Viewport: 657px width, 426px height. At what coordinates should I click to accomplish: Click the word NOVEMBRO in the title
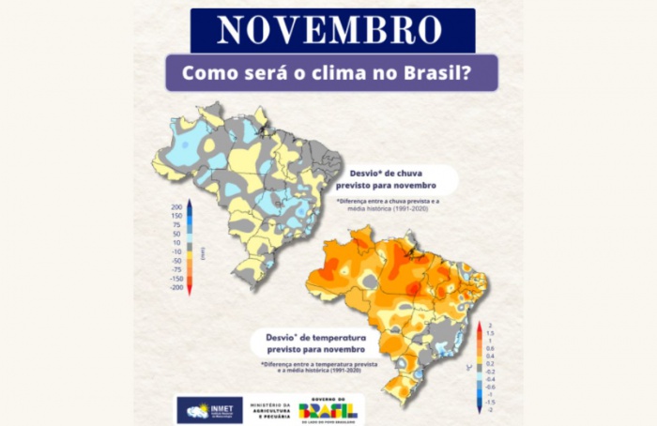coord(330,30)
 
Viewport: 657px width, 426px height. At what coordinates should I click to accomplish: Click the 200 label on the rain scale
coord(176,207)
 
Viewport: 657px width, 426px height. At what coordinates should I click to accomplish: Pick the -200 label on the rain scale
coord(176,288)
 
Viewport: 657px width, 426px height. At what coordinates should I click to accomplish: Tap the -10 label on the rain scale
coord(176,251)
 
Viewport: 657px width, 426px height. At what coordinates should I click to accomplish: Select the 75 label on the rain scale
coord(176,225)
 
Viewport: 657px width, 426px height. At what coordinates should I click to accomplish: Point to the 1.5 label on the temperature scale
coord(490,333)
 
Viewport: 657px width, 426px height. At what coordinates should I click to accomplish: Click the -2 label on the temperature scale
coord(490,410)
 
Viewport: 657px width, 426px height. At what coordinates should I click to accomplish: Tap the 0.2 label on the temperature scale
coord(490,363)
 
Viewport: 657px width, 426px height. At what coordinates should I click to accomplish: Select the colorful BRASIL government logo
coord(327,409)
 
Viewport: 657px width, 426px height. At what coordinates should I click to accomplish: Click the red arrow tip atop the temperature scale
coord(479,327)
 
